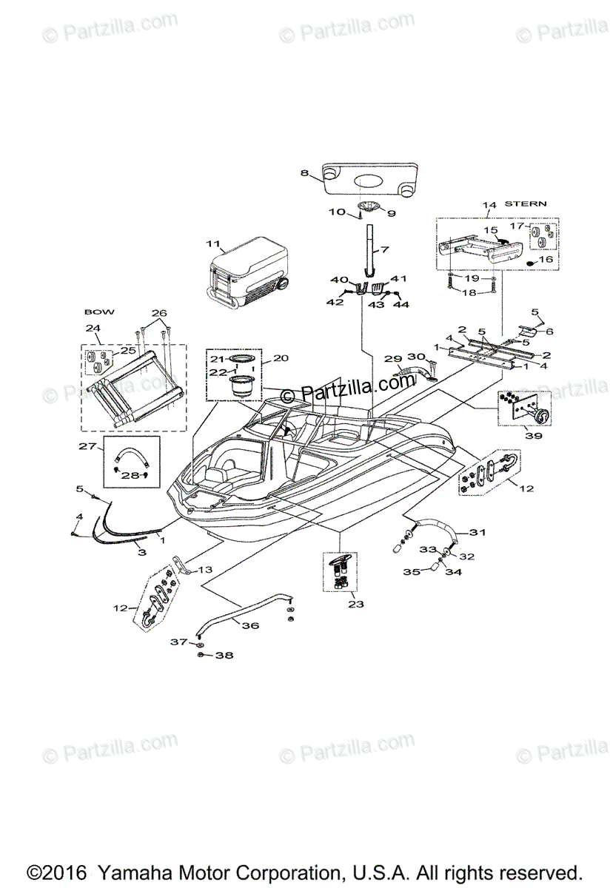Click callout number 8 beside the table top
(304, 173)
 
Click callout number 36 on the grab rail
(250, 625)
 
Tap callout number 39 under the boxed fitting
(533, 436)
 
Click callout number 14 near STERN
(490, 205)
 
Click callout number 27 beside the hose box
(87, 445)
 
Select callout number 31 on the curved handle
(477, 531)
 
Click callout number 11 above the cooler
(214, 243)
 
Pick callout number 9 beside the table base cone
(391, 213)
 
